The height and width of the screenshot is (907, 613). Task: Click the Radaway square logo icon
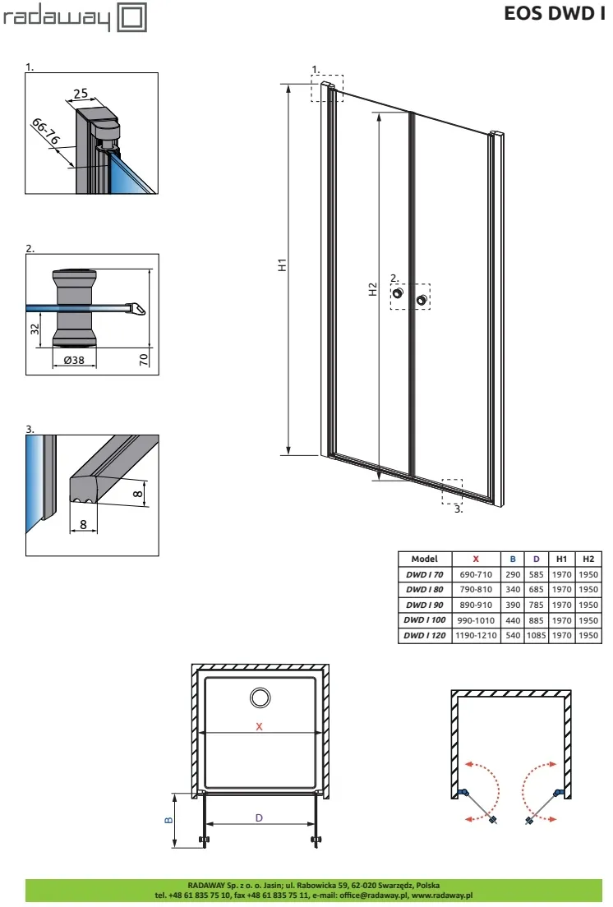click(132, 16)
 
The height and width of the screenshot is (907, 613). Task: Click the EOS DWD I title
click(554, 13)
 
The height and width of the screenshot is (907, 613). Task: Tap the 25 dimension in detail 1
click(81, 93)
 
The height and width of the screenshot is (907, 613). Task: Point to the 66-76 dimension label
click(46, 131)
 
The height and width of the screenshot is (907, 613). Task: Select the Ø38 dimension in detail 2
click(74, 360)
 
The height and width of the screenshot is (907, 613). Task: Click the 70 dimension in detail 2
click(144, 359)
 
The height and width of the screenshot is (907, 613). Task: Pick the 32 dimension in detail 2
click(35, 329)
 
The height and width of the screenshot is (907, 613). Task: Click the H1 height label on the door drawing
click(282, 265)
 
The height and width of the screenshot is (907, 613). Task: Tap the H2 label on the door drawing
click(372, 289)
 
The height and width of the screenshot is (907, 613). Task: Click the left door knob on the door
click(398, 293)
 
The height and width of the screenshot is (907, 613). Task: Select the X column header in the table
click(476, 559)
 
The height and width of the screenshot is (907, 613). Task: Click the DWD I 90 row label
click(425, 605)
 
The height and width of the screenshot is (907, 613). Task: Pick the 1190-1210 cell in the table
click(476, 635)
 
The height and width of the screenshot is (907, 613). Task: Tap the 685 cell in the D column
click(536, 589)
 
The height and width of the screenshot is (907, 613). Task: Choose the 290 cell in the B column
click(513, 574)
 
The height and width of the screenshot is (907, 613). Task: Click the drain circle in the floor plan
click(260, 698)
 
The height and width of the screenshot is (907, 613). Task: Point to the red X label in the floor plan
click(259, 726)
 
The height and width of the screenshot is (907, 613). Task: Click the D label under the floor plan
click(259, 818)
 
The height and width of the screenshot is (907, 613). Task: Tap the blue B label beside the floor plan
click(169, 820)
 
